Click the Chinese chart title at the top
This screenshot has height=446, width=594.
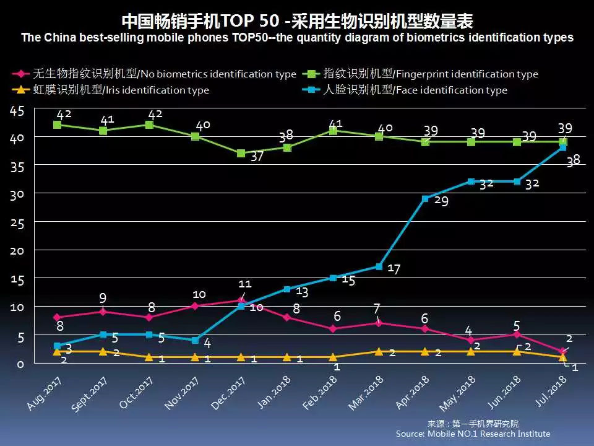297,21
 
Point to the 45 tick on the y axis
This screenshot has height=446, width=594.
17,111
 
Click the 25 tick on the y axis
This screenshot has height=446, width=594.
17,223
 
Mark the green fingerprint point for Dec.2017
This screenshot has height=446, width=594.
241,153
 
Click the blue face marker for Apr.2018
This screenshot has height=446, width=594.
425,199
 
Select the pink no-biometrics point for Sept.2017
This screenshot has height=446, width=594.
103,311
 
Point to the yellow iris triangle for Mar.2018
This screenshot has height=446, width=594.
379,351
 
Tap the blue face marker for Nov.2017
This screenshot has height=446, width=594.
195,340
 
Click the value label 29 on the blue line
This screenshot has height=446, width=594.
441,201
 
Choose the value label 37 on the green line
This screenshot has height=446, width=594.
257,157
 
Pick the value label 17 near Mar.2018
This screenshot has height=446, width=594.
394,269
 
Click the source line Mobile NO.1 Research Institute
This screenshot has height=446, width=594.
473,434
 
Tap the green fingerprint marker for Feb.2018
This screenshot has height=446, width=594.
333,131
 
